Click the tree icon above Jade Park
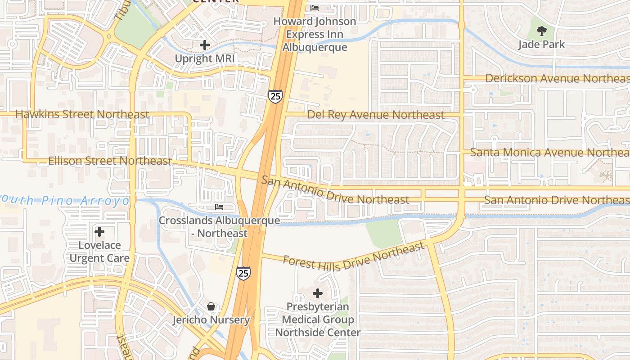tap(541, 31)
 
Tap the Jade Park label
tap(541, 45)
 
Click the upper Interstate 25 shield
tap(275, 96)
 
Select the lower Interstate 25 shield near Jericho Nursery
tap(243, 273)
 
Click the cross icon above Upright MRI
tap(205, 45)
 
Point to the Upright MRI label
tap(206, 58)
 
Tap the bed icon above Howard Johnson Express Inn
tap(315, 8)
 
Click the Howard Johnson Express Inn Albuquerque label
tap(315, 34)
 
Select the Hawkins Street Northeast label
tap(82, 114)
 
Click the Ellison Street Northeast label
tap(109, 161)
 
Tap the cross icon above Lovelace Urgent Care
tap(99, 232)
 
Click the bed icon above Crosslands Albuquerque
tap(219, 207)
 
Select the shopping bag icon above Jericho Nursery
tap(211, 306)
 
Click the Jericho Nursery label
tap(211, 320)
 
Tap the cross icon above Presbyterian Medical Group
tap(318, 293)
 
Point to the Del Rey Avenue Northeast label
tap(376, 115)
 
